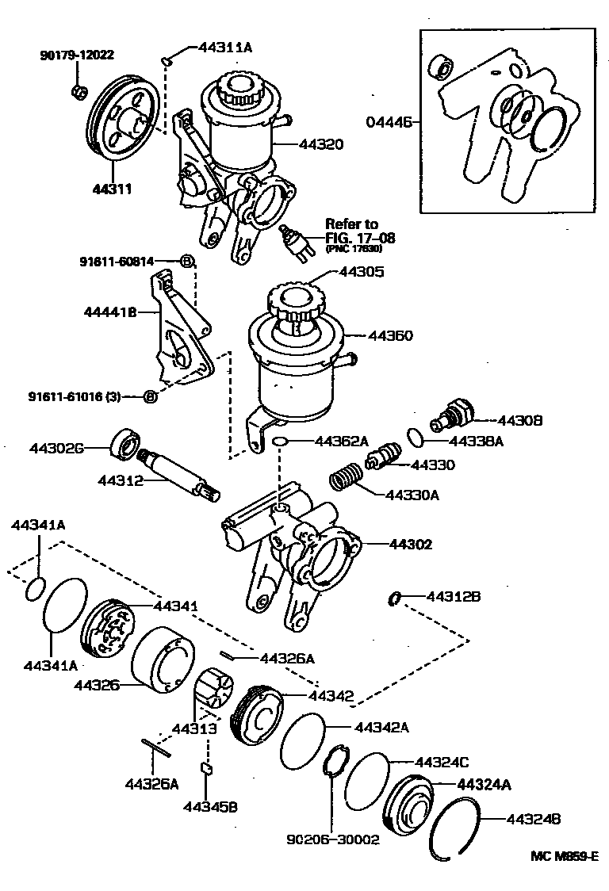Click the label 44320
[x=321, y=144]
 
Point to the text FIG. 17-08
[x=360, y=237]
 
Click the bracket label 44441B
[x=110, y=312]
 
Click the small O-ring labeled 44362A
[x=278, y=440]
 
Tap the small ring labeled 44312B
[x=393, y=598]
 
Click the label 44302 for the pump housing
[x=410, y=545]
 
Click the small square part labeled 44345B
[x=205, y=767]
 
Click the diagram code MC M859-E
[x=564, y=857]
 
